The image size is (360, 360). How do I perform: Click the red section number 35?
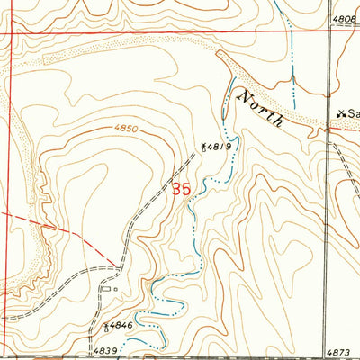tap(181, 190)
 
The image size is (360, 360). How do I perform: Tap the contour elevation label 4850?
tap(126, 129)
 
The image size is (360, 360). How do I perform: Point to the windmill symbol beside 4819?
tap(205, 145)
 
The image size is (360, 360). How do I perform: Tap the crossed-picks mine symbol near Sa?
tap(340, 114)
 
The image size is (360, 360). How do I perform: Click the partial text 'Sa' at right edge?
tap(354, 114)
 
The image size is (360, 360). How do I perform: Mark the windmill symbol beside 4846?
tap(106, 327)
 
